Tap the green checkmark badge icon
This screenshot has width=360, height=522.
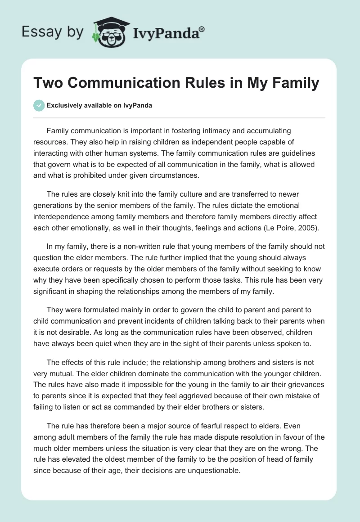39,105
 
